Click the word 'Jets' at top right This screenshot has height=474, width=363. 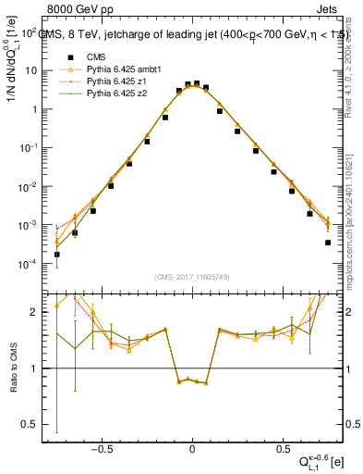point(328,10)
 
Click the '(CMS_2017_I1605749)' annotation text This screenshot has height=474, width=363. point(192,277)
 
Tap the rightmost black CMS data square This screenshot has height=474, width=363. point(328,243)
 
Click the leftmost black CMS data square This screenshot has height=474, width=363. point(57,254)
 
